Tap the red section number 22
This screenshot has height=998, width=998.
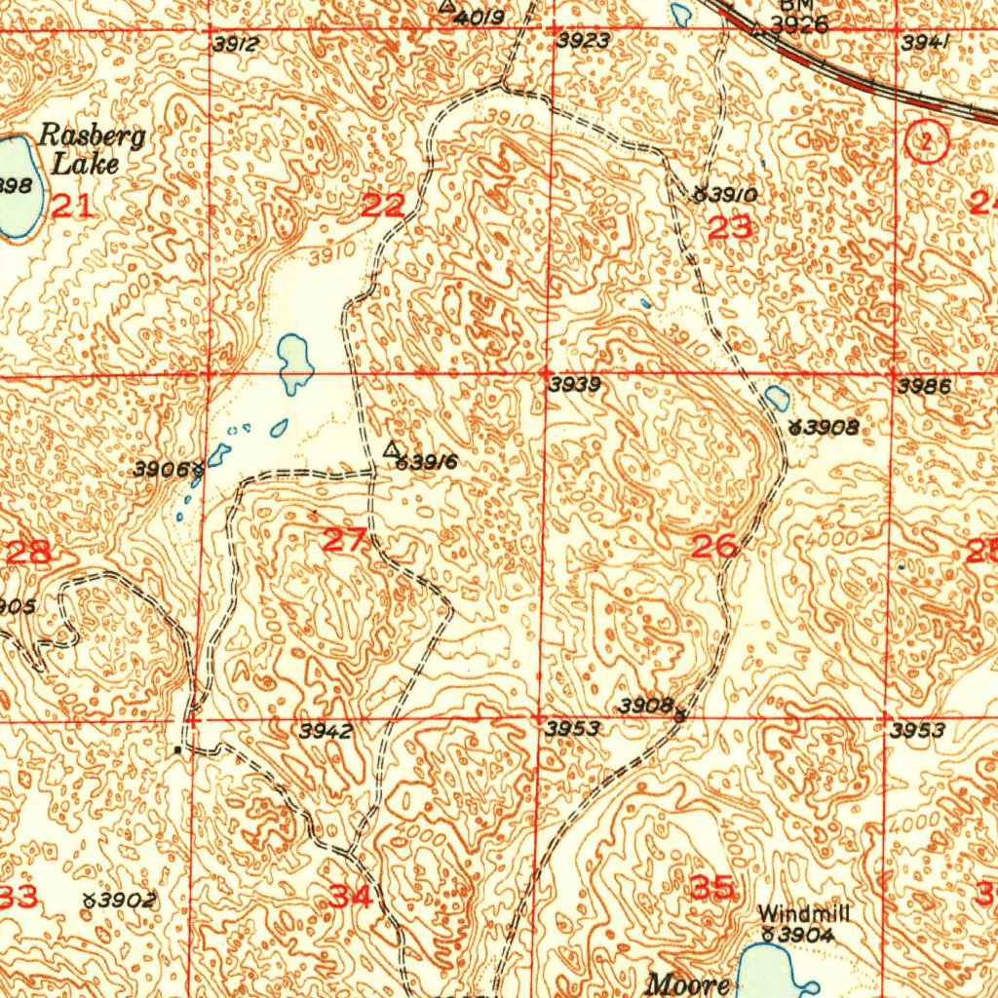click(x=383, y=206)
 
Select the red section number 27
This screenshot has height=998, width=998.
click(x=344, y=540)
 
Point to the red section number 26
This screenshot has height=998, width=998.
click(x=713, y=547)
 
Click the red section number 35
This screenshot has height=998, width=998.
click(x=711, y=887)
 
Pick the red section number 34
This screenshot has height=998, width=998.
click(x=350, y=896)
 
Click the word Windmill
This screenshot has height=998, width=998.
click(x=804, y=913)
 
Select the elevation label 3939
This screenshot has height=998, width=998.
click(x=574, y=385)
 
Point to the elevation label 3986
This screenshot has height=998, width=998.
click(x=924, y=386)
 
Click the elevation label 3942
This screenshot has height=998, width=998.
click(x=326, y=731)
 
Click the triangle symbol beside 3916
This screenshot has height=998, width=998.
click(x=392, y=448)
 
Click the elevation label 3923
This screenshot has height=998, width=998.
click(x=584, y=41)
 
